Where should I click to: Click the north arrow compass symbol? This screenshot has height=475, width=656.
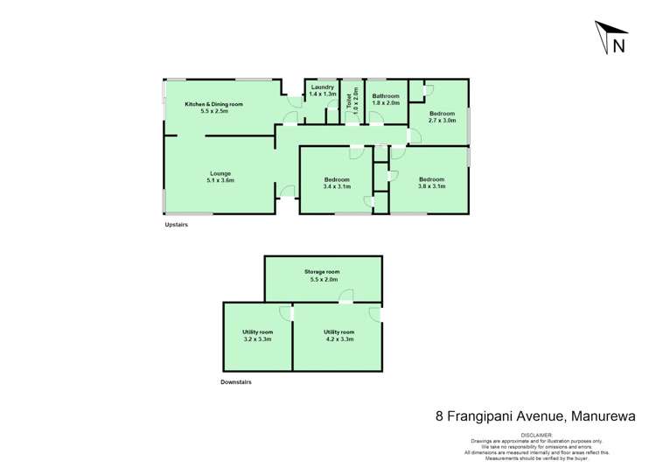click(x=611, y=40)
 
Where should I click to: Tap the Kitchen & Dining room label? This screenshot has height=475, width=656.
click(x=213, y=104)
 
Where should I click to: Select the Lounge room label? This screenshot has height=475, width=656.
click(x=220, y=173)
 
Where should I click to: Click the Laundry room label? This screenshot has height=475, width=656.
click(x=323, y=87)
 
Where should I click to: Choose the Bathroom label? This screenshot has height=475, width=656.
click(x=385, y=95)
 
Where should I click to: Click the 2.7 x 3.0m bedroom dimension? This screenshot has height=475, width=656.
click(x=442, y=121)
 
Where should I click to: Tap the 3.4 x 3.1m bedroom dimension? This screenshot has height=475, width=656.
click(x=337, y=186)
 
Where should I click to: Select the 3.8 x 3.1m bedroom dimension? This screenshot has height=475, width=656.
click(x=432, y=186)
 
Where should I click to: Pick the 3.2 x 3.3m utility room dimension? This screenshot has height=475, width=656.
click(x=257, y=339)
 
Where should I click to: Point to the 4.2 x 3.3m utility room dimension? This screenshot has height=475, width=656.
click(x=338, y=339)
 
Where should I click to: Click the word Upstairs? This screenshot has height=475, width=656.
click(x=177, y=225)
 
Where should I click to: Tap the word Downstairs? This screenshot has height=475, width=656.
click(x=237, y=382)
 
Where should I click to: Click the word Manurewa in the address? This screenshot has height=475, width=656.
click(x=609, y=417)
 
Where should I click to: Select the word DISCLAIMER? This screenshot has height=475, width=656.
click(x=537, y=434)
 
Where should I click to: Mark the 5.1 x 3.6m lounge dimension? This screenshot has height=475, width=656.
click(x=220, y=180)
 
